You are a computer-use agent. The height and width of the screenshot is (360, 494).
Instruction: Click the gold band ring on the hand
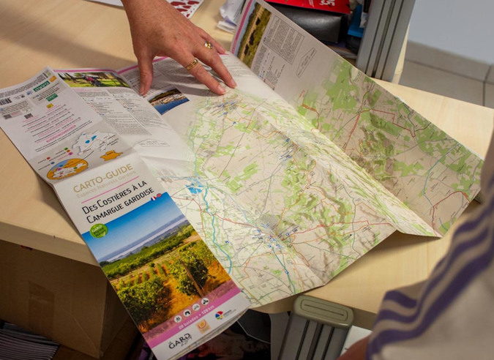(x=192, y=64)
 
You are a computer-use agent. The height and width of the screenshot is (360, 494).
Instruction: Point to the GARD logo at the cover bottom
(x=179, y=341)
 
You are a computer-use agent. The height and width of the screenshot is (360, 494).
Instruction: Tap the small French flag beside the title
(x=156, y=197)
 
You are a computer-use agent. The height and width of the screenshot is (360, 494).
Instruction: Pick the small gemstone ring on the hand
(x=209, y=45)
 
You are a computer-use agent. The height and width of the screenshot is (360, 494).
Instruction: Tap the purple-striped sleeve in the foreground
(x=439, y=293)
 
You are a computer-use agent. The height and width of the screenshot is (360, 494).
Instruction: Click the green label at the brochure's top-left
(x=42, y=86)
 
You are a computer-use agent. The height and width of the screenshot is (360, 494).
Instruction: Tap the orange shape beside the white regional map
(x=111, y=155)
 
